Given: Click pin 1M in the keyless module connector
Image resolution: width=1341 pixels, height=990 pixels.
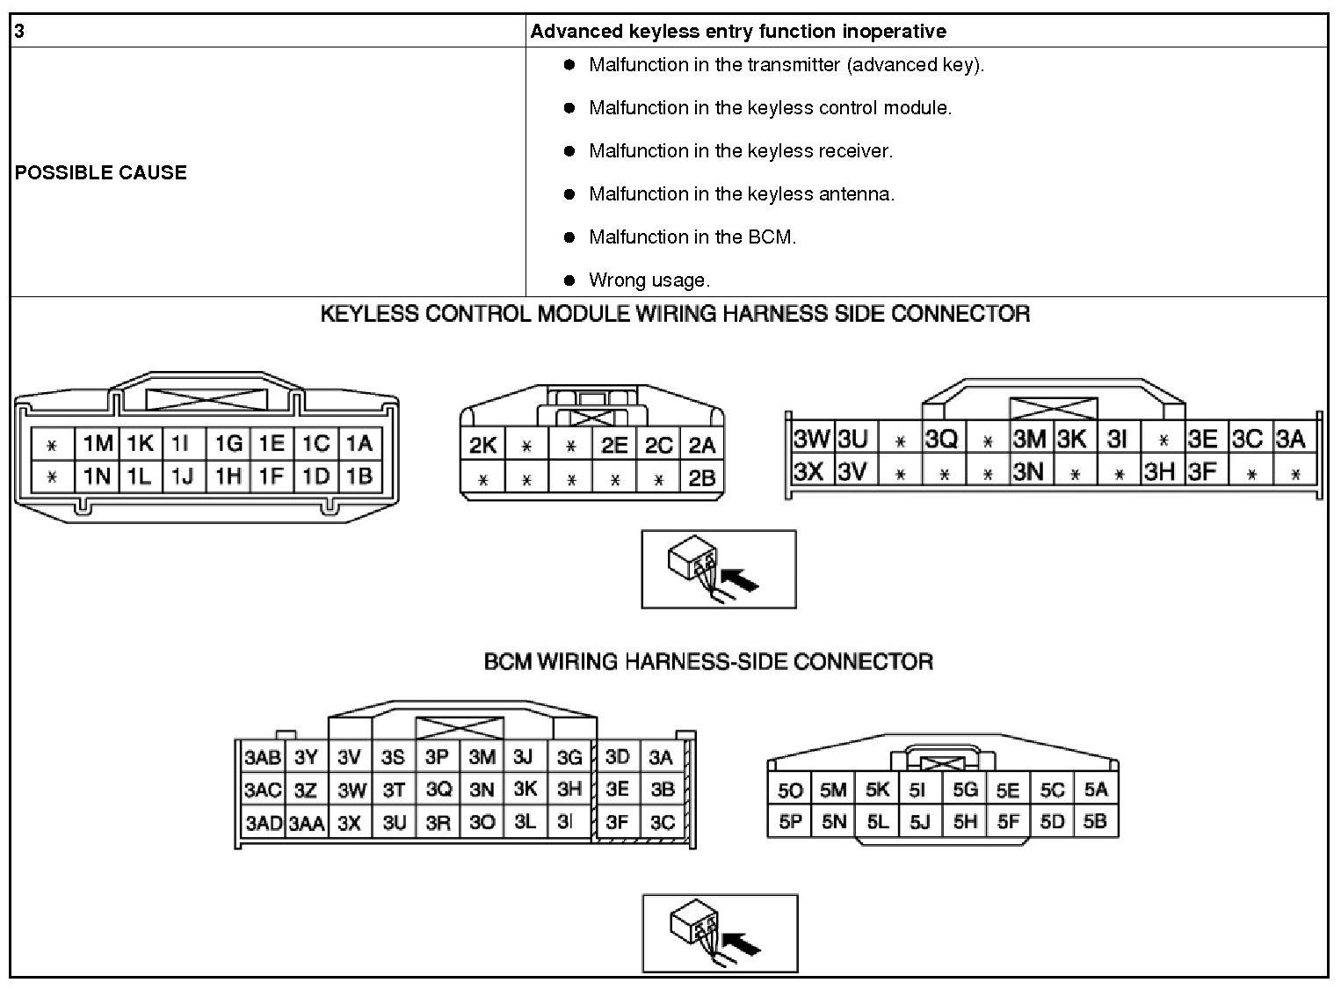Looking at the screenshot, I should pyautogui.click(x=98, y=444).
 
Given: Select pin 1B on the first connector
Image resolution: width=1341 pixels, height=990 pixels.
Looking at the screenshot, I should pyautogui.click(x=359, y=476).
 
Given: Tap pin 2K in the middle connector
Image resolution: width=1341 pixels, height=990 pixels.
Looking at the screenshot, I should pyautogui.click(x=482, y=446).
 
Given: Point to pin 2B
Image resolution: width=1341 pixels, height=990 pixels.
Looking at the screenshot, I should pyautogui.click(x=701, y=479).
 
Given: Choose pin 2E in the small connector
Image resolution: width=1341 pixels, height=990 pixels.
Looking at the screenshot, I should pyautogui.click(x=614, y=446).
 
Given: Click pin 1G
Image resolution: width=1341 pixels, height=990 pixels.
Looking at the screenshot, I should pyautogui.click(x=228, y=444).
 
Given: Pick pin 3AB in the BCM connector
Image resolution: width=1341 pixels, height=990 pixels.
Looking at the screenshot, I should pyautogui.click(x=263, y=758).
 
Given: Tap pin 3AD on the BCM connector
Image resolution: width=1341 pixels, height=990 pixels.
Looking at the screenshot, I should pyautogui.click(x=263, y=823).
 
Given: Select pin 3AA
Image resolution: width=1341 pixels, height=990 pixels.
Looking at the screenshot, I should pyautogui.click(x=307, y=824).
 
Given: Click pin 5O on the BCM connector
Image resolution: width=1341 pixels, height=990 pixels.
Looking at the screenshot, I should pyautogui.click(x=790, y=790).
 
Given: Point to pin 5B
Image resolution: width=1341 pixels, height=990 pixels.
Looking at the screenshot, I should pyautogui.click(x=1095, y=822).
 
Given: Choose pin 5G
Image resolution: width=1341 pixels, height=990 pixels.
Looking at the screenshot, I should pyautogui.click(x=965, y=790).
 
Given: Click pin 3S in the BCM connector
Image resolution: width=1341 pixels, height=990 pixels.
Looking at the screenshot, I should pyautogui.click(x=393, y=757).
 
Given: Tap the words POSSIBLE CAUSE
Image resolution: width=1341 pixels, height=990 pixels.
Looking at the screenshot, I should pyautogui.click(x=100, y=172).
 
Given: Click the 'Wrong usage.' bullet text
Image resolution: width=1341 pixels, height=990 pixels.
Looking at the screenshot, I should pyautogui.click(x=649, y=280).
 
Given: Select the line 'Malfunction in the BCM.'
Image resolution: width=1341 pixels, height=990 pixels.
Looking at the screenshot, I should pyautogui.click(x=692, y=237).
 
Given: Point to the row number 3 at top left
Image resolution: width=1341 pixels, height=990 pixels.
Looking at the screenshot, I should pyautogui.click(x=19, y=32).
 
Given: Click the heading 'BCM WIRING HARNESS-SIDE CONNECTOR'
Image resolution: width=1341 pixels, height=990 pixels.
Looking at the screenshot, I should pyautogui.click(x=708, y=661).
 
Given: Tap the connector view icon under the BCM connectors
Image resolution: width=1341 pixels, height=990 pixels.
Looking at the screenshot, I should pyautogui.click(x=720, y=933).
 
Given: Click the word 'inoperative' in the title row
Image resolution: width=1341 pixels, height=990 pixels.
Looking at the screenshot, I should pyautogui.click(x=894, y=32).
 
